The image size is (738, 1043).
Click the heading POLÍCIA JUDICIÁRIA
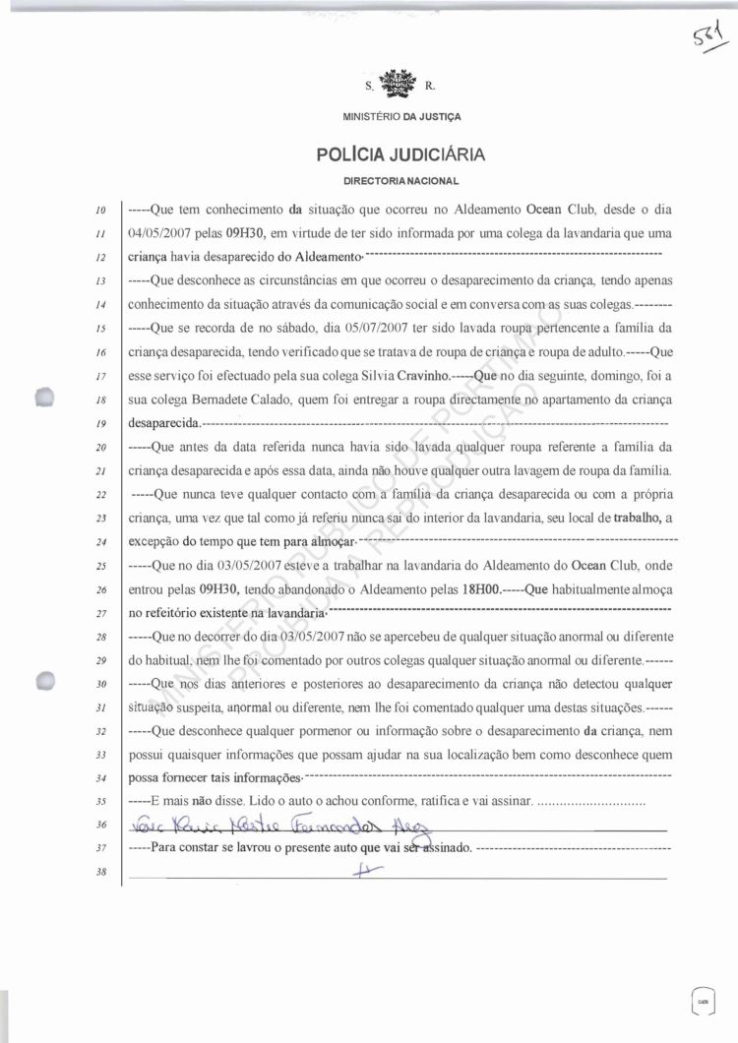tap(400, 154)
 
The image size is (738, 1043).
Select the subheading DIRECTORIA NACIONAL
tap(400, 182)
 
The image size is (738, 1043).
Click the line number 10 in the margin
tap(101, 211)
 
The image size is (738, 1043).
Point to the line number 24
tap(101, 543)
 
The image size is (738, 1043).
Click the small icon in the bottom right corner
tap(702, 999)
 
